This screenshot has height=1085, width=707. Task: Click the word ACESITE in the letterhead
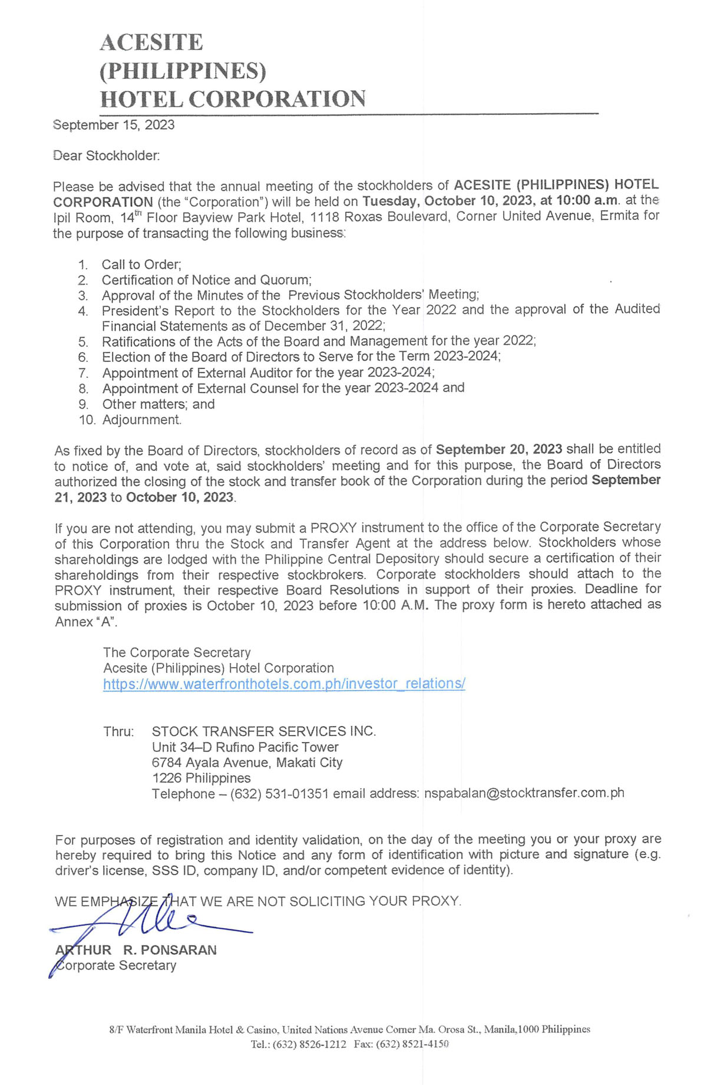coord(151,42)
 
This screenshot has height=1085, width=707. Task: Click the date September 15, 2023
coord(114,125)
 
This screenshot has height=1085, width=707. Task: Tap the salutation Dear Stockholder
coord(106,156)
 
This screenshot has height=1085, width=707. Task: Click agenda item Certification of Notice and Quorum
coord(206,280)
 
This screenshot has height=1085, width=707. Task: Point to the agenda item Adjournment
coord(141,420)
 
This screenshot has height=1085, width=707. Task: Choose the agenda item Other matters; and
coord(158,404)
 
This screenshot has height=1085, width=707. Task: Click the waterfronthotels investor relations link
coord(284,684)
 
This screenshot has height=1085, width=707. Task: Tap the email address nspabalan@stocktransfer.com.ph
coord(524,793)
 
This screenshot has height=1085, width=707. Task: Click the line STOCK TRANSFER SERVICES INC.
coord(263,731)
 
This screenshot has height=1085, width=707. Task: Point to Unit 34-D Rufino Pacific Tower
coord(245,747)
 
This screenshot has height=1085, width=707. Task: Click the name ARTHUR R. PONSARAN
coord(136,950)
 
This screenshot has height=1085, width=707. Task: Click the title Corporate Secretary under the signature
coord(116,965)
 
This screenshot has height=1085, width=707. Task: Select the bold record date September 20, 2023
coord(498,449)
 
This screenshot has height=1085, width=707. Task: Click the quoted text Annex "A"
coord(86,622)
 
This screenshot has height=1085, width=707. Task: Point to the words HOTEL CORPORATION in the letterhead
coord(233,99)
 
